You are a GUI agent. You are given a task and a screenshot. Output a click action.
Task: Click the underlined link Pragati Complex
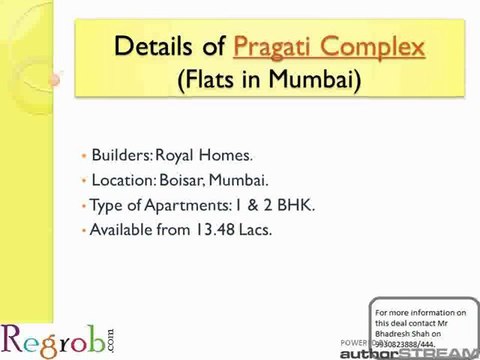tap(328, 46)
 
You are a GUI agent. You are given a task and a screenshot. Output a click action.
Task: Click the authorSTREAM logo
tap(420, 351)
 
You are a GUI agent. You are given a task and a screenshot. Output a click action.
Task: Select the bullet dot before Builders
tap(83, 157)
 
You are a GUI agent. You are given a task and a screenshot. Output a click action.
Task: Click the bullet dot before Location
tap(83, 182)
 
